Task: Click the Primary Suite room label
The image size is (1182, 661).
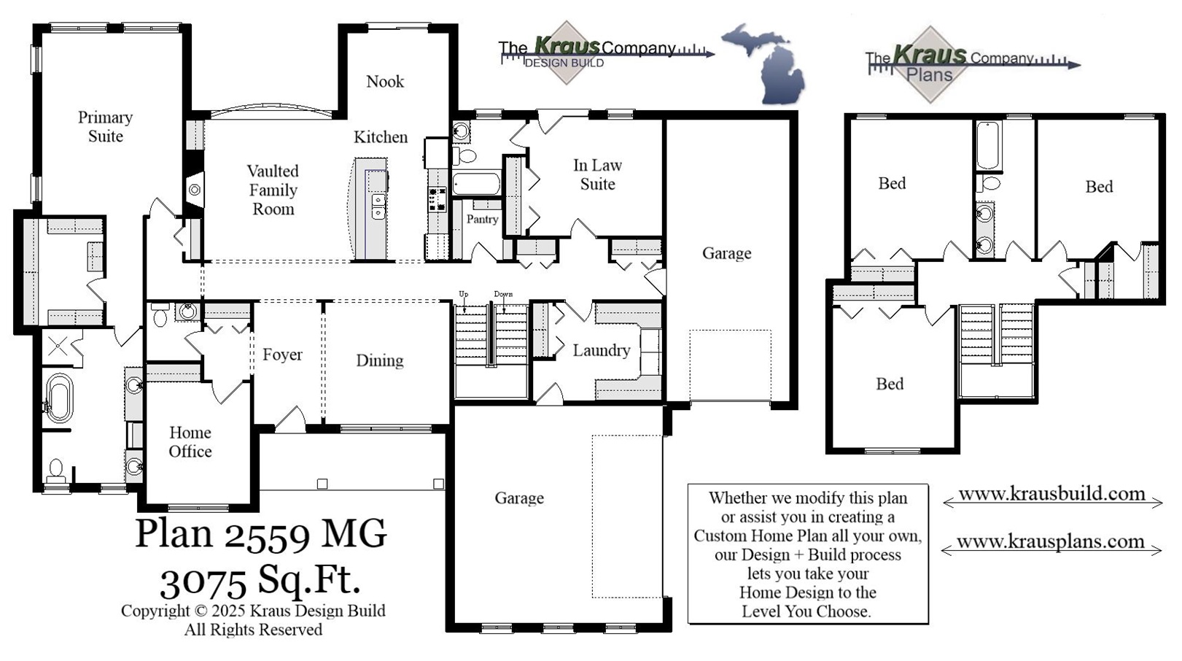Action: tap(105, 127)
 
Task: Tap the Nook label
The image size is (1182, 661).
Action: tap(385, 82)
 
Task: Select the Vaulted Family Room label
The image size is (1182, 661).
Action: tap(273, 190)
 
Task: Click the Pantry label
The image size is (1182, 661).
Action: tap(482, 219)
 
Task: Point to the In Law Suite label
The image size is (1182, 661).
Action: tap(597, 175)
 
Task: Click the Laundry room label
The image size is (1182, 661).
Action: tap(601, 351)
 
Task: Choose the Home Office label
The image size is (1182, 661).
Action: tap(190, 442)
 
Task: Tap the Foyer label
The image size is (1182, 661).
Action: tap(282, 355)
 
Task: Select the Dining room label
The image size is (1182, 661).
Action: tap(379, 360)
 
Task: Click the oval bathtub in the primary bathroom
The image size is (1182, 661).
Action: tap(58, 399)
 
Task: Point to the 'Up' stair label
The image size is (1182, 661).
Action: tap(463, 294)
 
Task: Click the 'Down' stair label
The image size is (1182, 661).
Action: tap(503, 294)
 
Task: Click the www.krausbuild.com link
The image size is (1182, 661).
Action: tap(1051, 494)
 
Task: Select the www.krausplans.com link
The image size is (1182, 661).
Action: tap(1050, 542)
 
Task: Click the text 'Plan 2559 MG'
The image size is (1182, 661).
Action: tap(260, 535)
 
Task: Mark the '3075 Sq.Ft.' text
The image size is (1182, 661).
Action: tap(260, 581)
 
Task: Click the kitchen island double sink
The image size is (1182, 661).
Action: tap(378, 206)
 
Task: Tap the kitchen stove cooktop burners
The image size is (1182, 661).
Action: tap(437, 199)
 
